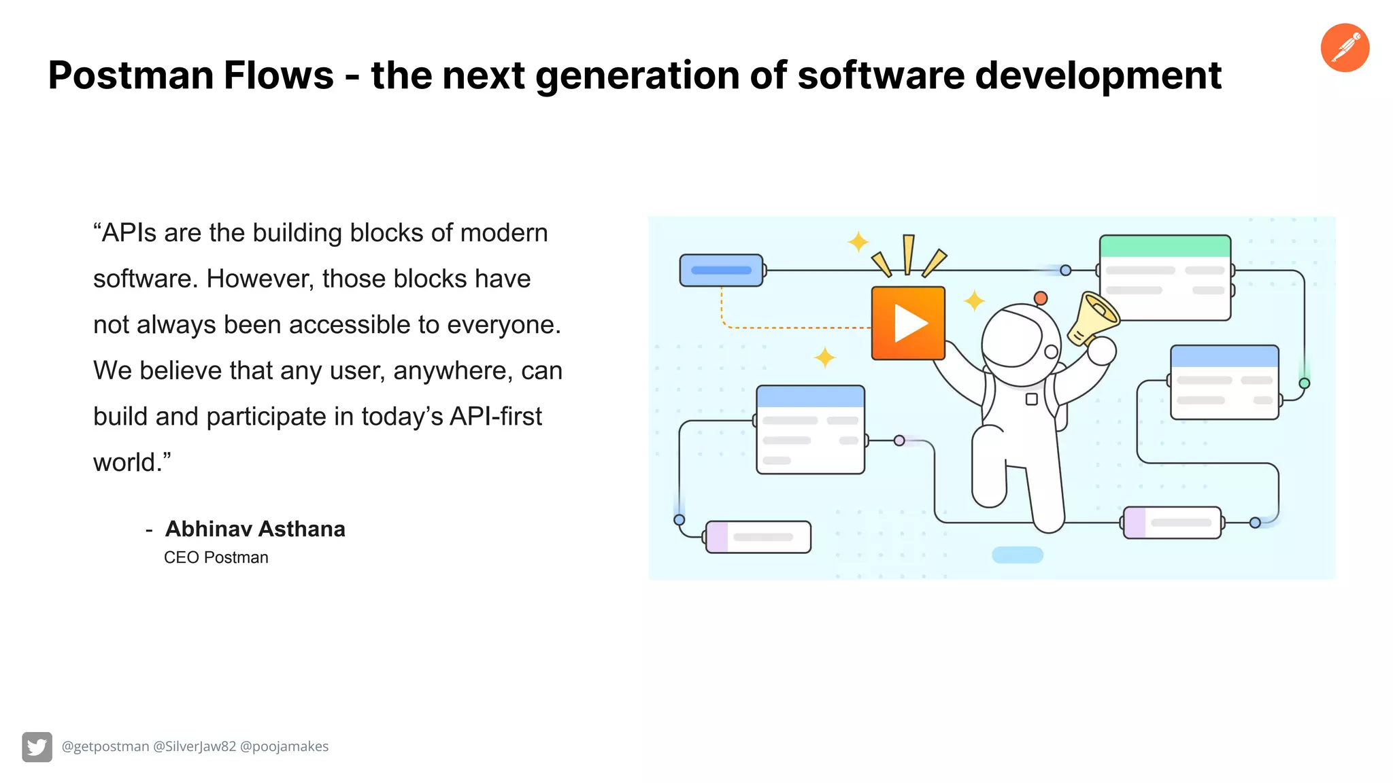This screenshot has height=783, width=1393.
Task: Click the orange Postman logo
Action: click(x=1345, y=48)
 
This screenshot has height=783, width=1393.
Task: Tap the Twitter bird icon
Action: click(x=37, y=747)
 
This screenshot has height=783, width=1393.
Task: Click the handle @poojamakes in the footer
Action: click(x=284, y=746)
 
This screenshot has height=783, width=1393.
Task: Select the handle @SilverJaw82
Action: click(x=195, y=746)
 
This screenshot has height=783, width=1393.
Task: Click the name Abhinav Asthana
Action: click(x=255, y=529)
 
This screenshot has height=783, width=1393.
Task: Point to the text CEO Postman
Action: click(x=216, y=557)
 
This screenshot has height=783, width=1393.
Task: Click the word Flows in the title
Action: click(x=279, y=75)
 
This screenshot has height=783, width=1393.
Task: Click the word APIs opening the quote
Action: click(x=129, y=233)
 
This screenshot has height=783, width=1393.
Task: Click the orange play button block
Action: click(x=908, y=323)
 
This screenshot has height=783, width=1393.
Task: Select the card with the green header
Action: click(x=1164, y=277)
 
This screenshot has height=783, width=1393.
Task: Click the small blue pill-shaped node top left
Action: click(x=721, y=271)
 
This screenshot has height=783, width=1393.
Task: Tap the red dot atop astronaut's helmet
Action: click(x=1040, y=298)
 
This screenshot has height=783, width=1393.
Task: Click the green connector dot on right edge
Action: click(x=1304, y=383)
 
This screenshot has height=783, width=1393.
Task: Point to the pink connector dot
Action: click(x=899, y=440)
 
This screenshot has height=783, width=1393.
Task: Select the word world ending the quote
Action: click(x=127, y=463)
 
